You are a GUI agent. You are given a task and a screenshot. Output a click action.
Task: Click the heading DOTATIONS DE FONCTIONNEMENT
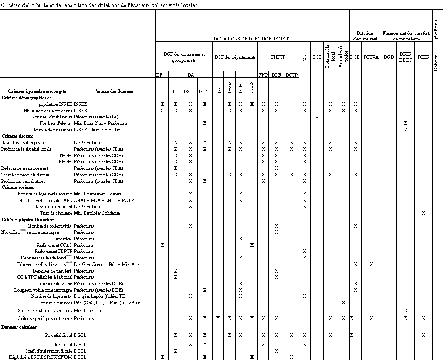click(252, 39)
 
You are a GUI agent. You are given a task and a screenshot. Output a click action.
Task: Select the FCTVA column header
click(371, 57)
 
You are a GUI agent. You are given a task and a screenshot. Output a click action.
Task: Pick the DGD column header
click(389, 57)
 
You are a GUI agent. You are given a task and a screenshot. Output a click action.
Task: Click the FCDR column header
click(423, 57)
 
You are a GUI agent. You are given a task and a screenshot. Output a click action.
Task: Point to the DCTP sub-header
click(291, 75)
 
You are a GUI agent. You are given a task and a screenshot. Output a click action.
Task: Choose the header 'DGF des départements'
click(234, 57)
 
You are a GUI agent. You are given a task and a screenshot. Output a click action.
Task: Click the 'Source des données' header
click(114, 91)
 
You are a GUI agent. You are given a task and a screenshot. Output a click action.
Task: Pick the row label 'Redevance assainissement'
click(24, 168)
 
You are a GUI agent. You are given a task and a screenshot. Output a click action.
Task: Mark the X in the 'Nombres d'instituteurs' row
click(317, 117)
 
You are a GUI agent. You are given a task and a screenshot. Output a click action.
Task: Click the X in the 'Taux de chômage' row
click(423, 213)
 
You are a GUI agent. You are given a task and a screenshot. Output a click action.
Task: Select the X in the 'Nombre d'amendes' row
click(343, 303)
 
